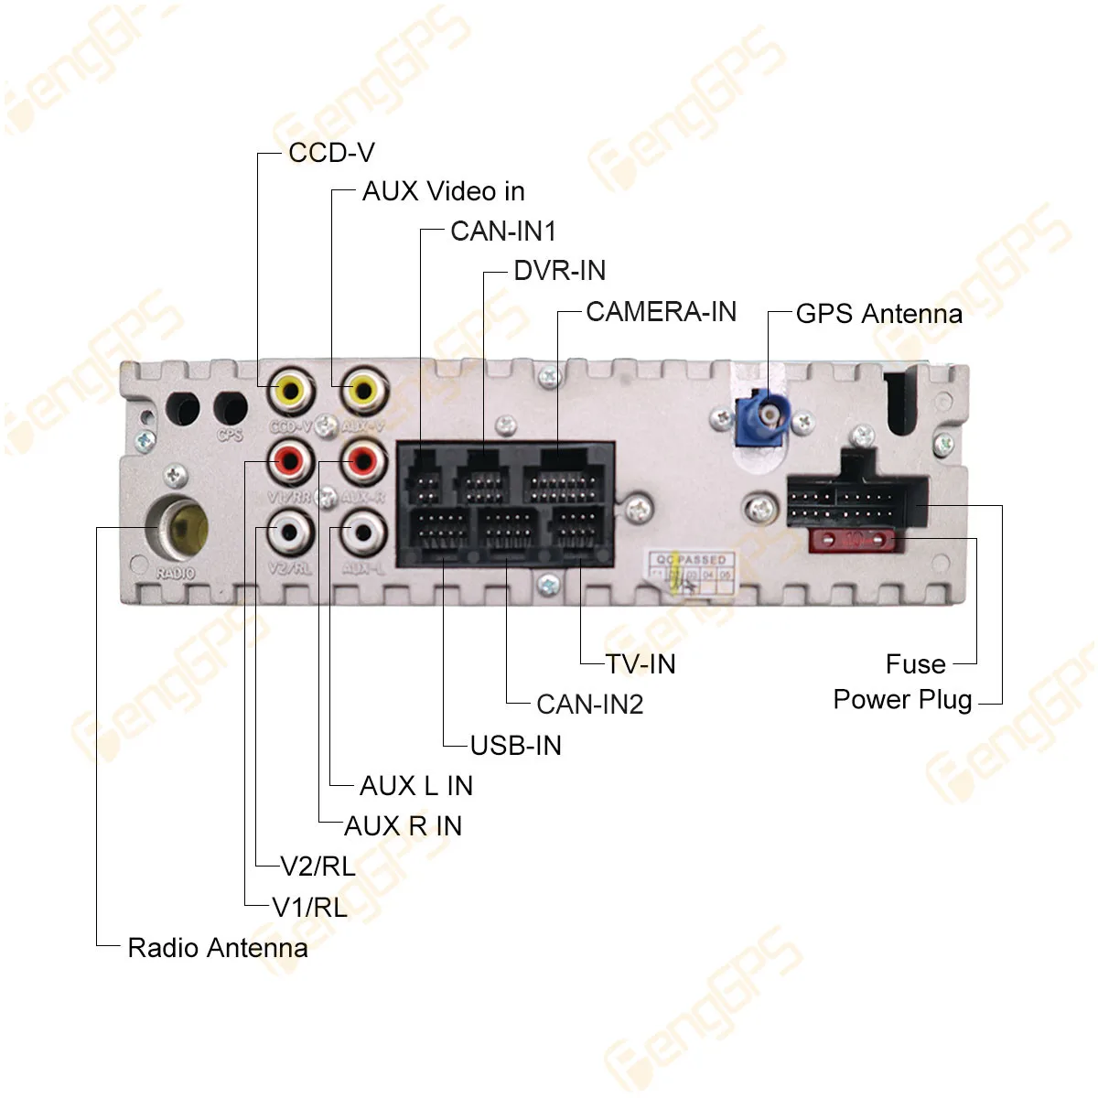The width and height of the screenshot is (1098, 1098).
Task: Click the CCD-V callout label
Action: pos(331,153)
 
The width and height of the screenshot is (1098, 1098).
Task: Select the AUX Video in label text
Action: pos(443,191)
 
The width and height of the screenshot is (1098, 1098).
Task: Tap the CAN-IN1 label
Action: pos(503,231)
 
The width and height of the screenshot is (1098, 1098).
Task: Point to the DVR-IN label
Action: pos(559,271)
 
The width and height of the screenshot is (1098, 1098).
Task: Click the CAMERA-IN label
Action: pos(661,312)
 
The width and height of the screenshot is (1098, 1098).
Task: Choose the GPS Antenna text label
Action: pos(878,314)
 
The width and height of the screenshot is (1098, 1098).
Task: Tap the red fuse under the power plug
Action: pos(853,540)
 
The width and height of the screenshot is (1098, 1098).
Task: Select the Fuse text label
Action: pos(915,664)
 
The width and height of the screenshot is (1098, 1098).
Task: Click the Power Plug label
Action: pos(902,700)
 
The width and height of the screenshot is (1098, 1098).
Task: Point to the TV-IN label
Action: pos(640,664)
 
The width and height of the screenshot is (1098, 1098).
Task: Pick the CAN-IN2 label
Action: pos(590,705)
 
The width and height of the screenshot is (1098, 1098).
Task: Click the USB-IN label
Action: pos(515,746)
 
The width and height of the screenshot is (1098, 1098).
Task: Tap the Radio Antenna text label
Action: pos(218,948)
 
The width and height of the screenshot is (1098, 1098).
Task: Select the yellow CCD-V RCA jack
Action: pos(291,393)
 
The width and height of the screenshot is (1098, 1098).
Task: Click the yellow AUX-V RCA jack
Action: pos(363,393)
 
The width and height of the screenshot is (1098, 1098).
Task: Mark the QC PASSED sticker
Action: pos(691,569)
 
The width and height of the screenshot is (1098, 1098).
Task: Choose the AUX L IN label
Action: pos(416,786)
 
